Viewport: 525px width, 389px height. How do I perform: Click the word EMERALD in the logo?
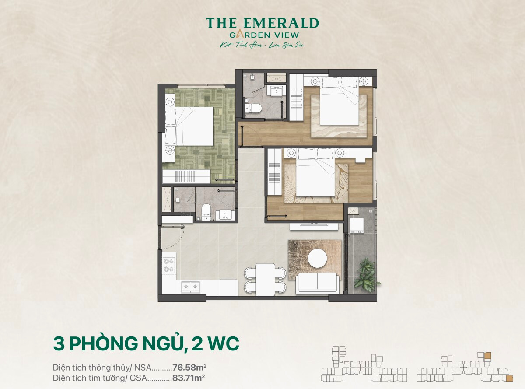pos(281,23)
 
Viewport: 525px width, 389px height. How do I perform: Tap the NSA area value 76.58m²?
pos(189,368)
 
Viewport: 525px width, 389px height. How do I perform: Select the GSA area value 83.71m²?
pos(189,378)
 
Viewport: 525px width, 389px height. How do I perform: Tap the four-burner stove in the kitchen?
pos(169,265)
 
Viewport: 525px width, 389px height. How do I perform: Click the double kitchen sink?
pos(191,286)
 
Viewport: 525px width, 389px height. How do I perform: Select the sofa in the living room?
pos(317,284)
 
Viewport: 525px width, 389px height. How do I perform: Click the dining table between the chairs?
pos(265,280)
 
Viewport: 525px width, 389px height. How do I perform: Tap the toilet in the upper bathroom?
pos(253,109)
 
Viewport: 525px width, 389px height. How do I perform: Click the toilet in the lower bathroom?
pos(206,212)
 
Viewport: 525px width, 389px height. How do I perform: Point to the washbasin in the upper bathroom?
pos(276,91)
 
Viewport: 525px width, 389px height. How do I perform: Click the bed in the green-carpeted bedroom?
pos(189,126)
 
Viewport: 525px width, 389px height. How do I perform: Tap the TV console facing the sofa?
pos(314,227)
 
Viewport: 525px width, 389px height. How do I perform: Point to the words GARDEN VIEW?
pos(264,35)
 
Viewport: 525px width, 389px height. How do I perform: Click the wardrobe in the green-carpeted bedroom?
pos(186,176)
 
